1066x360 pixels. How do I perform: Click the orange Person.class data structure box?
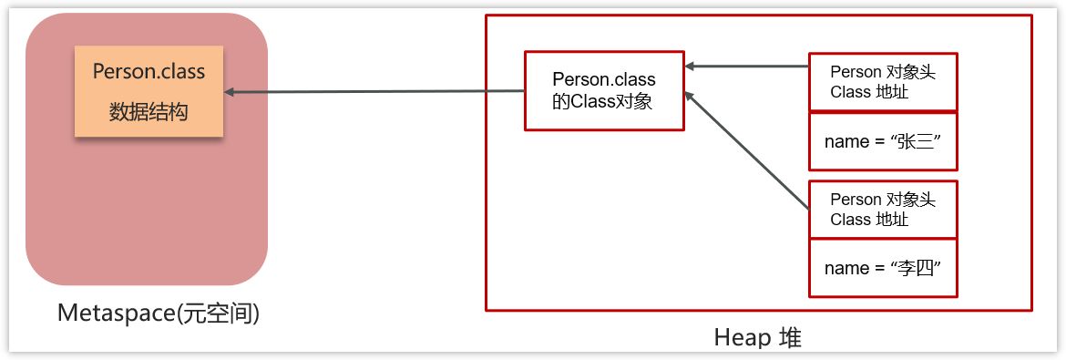[149, 91]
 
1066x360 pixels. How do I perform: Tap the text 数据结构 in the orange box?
[149, 112]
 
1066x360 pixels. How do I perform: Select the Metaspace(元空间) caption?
[159, 314]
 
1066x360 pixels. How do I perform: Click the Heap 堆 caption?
[757, 338]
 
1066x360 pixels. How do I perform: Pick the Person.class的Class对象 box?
[603, 90]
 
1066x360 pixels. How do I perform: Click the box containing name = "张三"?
[882, 141]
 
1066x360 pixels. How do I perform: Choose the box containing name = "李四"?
[882, 268]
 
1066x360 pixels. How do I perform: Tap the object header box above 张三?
[882, 82]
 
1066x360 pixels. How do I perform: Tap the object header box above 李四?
[882, 210]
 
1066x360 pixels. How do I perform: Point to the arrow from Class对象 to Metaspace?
[374, 91]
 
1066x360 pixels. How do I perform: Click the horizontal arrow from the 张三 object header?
[747, 66]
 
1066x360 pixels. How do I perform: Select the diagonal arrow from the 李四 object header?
[747, 150]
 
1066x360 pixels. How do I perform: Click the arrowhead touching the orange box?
[231, 92]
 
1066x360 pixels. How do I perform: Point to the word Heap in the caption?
[741, 338]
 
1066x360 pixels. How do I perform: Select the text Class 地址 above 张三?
[869, 92]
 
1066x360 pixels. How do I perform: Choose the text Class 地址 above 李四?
[869, 220]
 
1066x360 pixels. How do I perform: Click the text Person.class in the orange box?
[149, 71]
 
